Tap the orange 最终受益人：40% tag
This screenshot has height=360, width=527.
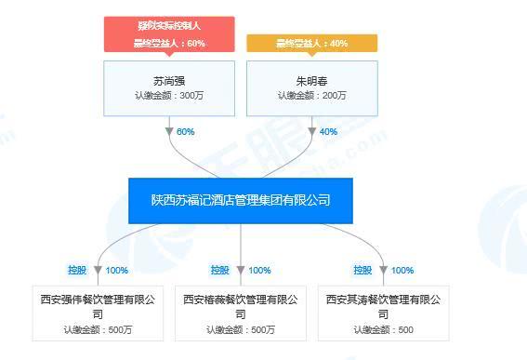pos(311,43)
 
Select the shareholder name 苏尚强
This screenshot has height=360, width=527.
pos(168,78)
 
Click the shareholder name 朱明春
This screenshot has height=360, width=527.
pos(311,78)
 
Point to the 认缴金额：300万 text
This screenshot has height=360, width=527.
pos(168,95)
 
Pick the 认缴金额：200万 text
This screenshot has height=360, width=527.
pos(311,95)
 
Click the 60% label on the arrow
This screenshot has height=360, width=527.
pos(185,132)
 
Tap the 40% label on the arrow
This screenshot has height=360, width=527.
pos(328,132)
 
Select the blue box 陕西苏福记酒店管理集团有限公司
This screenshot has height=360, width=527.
pos(241,200)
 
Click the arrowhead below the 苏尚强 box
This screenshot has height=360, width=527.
pos(169,132)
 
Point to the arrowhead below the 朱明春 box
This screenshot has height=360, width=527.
pos(312,132)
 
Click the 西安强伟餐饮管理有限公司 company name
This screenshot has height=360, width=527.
pos(98,306)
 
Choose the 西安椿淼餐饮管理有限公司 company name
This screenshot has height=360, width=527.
pos(241,306)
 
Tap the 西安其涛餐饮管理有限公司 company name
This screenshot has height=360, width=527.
pos(384,306)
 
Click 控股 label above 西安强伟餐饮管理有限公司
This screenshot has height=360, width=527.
pos(76,271)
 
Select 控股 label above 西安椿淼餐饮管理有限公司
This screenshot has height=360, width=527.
pos(219,271)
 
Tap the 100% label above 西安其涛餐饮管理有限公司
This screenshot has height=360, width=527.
pos(402,271)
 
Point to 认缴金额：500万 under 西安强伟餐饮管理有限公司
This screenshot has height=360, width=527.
pos(98,329)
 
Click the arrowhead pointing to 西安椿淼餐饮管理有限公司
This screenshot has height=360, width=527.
pos(241,271)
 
